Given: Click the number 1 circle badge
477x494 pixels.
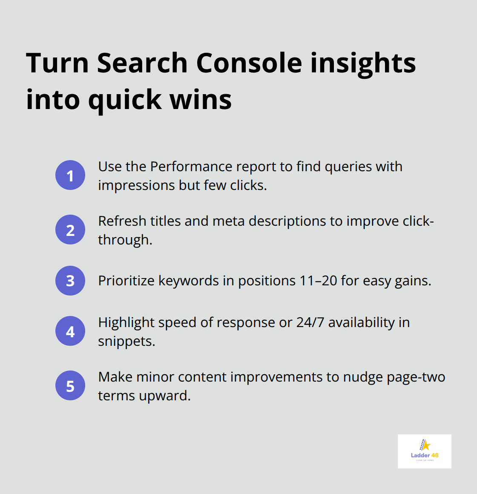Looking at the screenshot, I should point(70,175).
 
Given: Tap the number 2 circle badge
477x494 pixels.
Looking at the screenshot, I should point(70,230).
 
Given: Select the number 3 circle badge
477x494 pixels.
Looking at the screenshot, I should point(70,281).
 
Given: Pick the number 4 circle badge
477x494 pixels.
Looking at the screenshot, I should point(70,331).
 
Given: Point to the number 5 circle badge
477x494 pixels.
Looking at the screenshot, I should point(70,385).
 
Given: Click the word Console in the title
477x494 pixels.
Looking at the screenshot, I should point(249,63).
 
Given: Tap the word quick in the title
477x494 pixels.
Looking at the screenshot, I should point(125,100).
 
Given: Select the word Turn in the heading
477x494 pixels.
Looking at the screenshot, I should point(57,63).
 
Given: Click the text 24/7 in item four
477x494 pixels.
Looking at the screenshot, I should point(310,322).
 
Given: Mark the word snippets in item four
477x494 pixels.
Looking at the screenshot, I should point(126,341).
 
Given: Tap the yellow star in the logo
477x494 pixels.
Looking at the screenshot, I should point(426,445).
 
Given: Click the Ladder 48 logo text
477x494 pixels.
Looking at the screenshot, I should point(425,455).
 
